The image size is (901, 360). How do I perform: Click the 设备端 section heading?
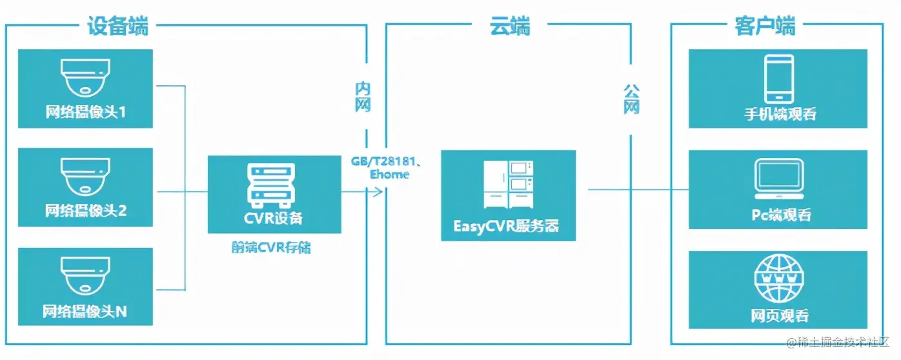(118, 26)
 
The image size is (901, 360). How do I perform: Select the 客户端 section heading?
(765, 26)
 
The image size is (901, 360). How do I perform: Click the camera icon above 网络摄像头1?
(86, 76)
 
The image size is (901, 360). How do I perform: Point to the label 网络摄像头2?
(86, 210)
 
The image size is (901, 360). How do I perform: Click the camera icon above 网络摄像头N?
(86, 276)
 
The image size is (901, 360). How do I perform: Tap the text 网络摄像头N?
(86, 312)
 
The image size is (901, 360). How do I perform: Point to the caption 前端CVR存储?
(271, 247)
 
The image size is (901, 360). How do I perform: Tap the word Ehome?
(389, 175)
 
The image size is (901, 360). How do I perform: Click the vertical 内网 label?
(363, 97)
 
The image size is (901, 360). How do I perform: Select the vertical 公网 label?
(631, 98)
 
